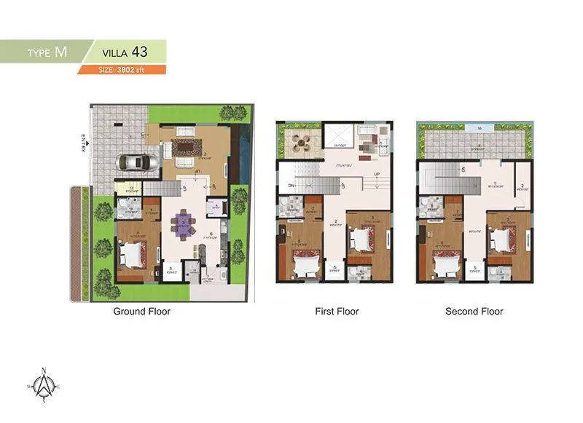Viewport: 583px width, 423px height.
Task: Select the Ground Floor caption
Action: (141, 312)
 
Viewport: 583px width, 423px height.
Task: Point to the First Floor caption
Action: (337, 312)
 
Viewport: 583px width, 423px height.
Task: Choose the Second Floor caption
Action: (474, 312)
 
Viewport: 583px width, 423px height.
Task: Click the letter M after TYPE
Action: (61, 52)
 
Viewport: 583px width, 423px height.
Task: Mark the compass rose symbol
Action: (44, 384)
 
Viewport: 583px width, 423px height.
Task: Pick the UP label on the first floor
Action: (376, 175)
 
